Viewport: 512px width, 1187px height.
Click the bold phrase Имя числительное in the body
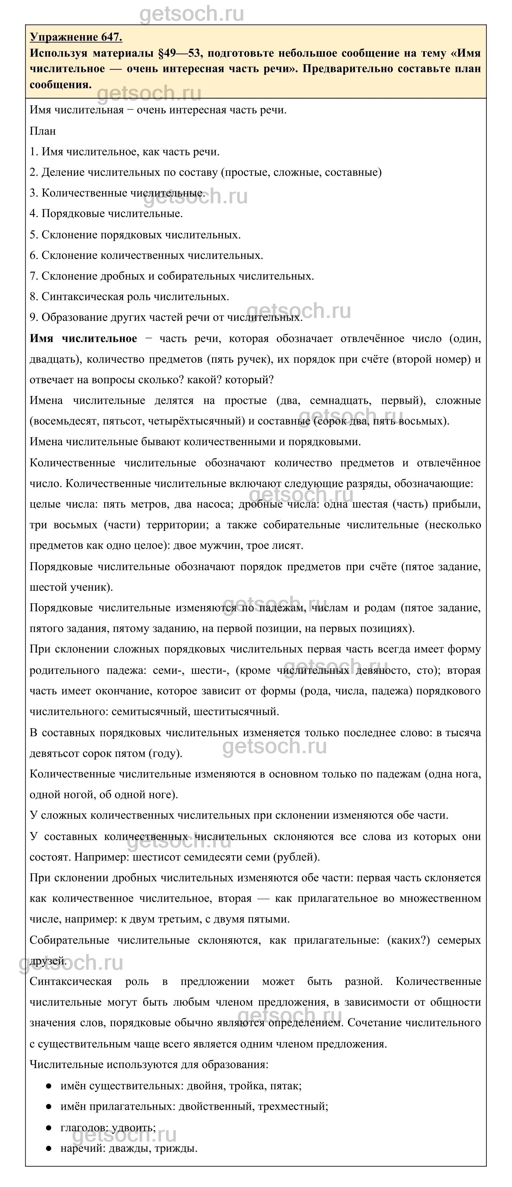point(83,339)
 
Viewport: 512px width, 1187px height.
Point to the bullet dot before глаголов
point(49,1128)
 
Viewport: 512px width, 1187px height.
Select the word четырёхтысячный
point(201,421)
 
